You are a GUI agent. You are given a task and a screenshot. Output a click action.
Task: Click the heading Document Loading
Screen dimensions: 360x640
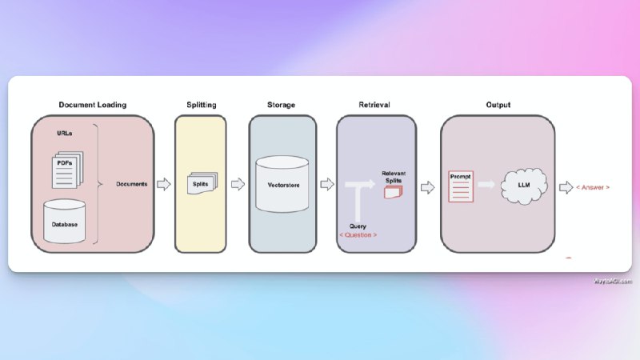click(92, 105)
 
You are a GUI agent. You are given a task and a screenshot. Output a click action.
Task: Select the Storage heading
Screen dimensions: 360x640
click(282, 105)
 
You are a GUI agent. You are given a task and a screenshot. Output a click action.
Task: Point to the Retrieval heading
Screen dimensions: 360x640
click(374, 105)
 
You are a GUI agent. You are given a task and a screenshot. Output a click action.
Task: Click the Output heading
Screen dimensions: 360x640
click(498, 105)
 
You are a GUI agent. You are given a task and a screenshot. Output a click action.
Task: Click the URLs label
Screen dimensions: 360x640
click(65, 134)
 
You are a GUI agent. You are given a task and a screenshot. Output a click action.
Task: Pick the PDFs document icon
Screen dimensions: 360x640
click(64, 165)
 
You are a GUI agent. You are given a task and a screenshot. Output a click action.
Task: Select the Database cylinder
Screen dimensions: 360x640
click(64, 221)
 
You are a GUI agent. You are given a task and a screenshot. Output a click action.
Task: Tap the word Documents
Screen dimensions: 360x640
click(131, 184)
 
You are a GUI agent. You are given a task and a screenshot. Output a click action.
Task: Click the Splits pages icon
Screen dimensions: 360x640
click(200, 183)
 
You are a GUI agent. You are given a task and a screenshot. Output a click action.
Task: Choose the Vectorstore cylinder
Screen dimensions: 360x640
click(282, 183)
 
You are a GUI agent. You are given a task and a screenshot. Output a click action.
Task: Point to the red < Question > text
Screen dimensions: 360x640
click(358, 234)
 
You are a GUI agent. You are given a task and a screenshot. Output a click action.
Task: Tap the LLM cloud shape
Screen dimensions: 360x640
click(524, 185)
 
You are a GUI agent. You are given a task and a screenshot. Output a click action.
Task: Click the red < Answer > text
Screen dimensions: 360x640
click(593, 186)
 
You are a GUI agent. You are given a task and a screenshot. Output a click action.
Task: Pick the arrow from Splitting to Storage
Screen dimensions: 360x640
click(238, 184)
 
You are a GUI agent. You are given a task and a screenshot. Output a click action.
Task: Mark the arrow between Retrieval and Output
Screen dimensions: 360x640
click(427, 186)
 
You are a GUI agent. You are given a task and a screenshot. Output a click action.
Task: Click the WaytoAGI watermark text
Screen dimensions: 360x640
click(613, 281)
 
